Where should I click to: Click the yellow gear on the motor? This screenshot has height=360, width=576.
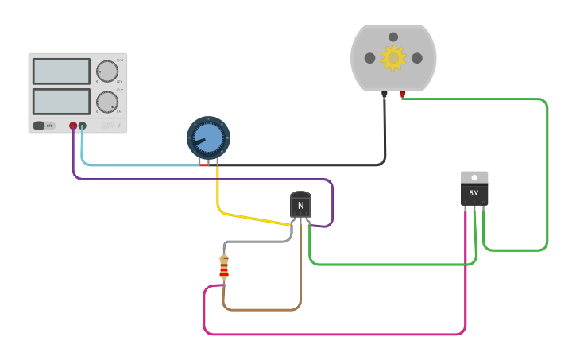(393, 58)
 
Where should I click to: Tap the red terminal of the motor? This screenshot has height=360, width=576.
(403, 95)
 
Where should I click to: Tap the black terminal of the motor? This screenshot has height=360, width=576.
(385, 95)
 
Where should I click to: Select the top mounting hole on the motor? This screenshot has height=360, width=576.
(393, 37)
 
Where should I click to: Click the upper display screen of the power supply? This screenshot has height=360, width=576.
(61, 72)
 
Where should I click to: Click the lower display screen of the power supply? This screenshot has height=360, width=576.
(61, 101)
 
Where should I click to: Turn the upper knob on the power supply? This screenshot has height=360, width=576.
(107, 72)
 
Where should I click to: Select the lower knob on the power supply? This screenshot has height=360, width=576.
(107, 102)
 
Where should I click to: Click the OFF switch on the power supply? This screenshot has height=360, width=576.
(44, 126)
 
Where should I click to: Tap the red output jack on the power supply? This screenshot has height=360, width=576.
(73, 126)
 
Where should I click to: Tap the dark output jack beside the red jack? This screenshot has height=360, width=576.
(82, 126)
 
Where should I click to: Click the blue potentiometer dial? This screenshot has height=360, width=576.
(208, 138)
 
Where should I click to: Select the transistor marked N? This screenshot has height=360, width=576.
(300, 205)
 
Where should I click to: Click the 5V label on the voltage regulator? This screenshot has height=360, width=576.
(474, 193)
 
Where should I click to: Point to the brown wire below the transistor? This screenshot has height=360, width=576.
(262, 309)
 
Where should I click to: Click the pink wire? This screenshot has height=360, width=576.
(334, 334)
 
